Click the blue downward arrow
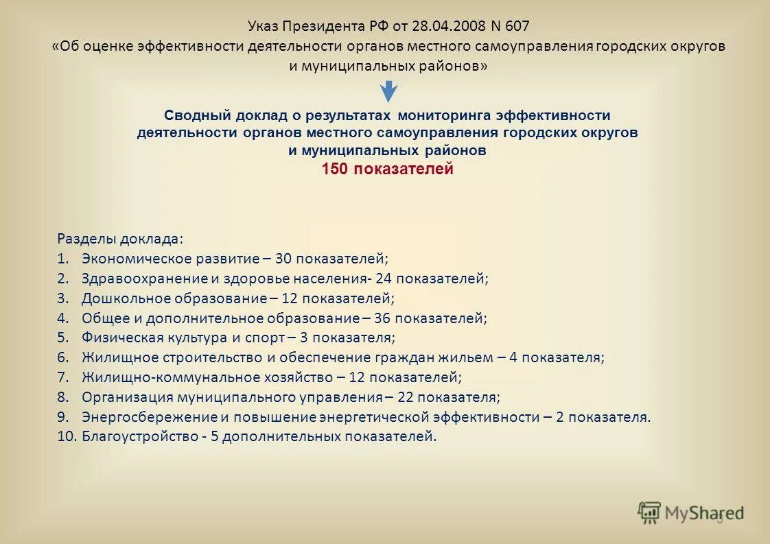(389, 91)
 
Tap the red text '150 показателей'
(388, 169)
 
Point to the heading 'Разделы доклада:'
(120, 239)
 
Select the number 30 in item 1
(283, 259)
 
